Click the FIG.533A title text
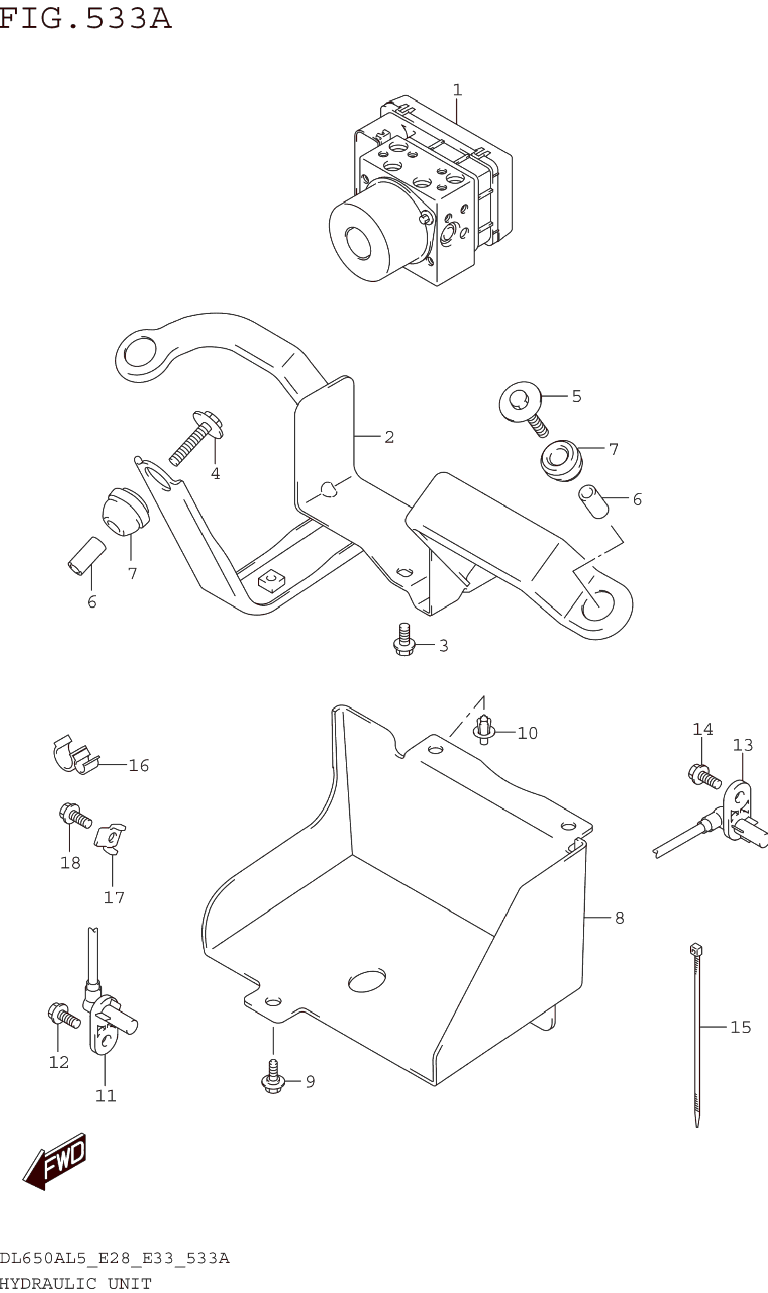pyautogui.click(x=86, y=18)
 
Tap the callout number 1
pyautogui.click(x=457, y=90)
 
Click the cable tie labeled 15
pyautogui.click(x=697, y=1034)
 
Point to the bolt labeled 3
pyautogui.click(x=404, y=640)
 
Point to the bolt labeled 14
pyautogui.click(x=704, y=776)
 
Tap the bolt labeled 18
pyautogui.click(x=75, y=816)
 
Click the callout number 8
pyautogui.click(x=620, y=918)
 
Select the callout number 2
pyautogui.click(x=389, y=437)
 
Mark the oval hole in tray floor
pyautogui.click(x=367, y=981)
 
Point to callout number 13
pyautogui.click(x=742, y=745)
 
